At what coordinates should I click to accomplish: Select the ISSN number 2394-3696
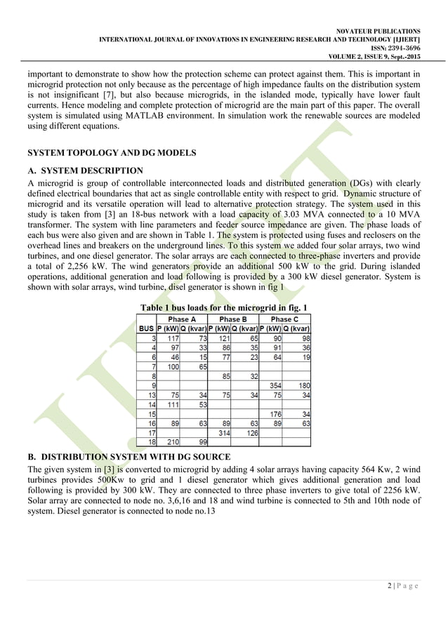396,48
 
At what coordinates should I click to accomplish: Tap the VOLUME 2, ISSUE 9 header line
378,57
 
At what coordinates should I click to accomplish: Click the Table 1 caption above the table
224,308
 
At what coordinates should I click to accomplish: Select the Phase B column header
233,318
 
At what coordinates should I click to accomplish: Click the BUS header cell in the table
146,328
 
